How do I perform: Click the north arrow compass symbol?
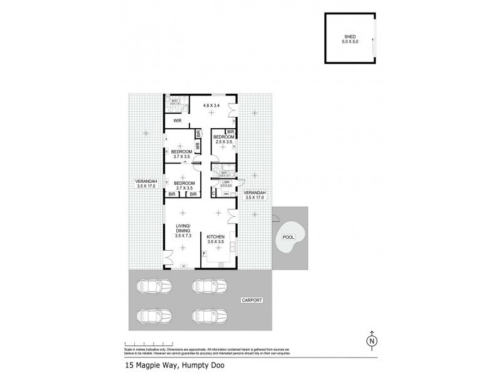click(x=372, y=339)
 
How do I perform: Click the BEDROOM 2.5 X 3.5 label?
click(x=224, y=139)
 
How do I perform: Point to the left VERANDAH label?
click(x=146, y=183)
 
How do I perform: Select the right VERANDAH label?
click(x=254, y=195)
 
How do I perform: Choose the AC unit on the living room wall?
click(x=184, y=266)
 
